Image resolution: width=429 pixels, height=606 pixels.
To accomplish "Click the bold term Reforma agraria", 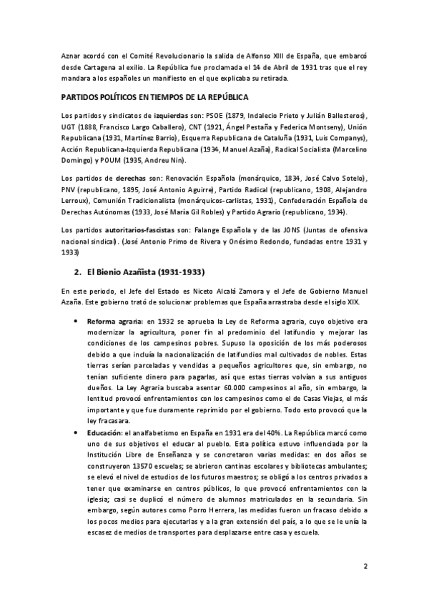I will [x=115, y=322].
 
